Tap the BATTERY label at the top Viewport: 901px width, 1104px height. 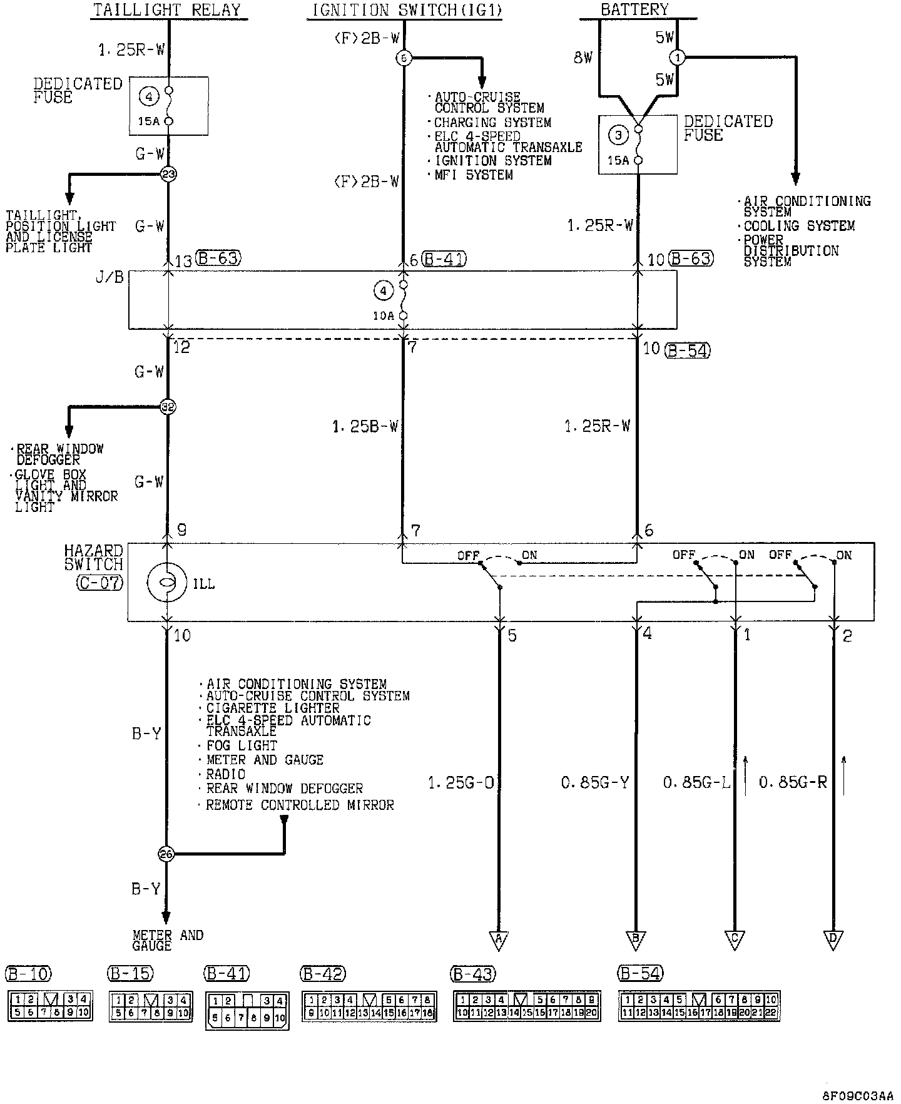click(x=634, y=9)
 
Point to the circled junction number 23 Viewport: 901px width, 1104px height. click(x=168, y=174)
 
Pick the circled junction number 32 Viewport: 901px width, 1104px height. click(x=168, y=407)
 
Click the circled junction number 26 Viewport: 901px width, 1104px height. click(x=166, y=854)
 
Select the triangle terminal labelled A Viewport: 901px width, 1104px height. click(x=499, y=939)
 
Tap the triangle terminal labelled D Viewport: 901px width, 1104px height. click(x=833, y=939)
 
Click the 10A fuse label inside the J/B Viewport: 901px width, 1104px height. click(x=384, y=316)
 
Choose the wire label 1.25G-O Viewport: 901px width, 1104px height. click(x=462, y=782)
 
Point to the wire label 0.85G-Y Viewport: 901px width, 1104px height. click(x=594, y=782)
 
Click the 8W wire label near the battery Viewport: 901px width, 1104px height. click(x=583, y=58)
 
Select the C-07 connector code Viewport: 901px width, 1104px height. click(x=100, y=583)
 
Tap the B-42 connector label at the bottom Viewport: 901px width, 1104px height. click(x=323, y=974)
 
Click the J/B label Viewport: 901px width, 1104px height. click(x=109, y=277)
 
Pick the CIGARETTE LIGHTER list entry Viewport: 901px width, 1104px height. click(x=273, y=708)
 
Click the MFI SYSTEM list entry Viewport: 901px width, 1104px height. click(x=474, y=175)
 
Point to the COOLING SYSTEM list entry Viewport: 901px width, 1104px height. click(x=799, y=226)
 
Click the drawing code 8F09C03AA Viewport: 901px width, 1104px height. click(x=858, y=1096)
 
